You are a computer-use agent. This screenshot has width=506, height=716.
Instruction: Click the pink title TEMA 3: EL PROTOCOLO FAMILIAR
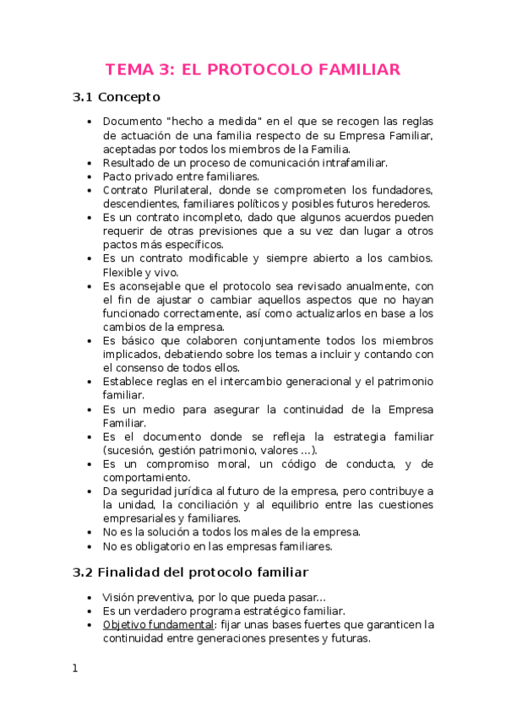coord(253,69)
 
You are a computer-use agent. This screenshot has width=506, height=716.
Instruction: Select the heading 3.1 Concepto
coord(122,97)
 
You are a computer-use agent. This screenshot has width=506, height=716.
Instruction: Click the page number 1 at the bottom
coord(75,669)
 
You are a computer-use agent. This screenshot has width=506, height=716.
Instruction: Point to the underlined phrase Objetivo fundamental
coord(157,625)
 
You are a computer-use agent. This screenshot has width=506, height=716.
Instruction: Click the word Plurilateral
coord(179,190)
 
